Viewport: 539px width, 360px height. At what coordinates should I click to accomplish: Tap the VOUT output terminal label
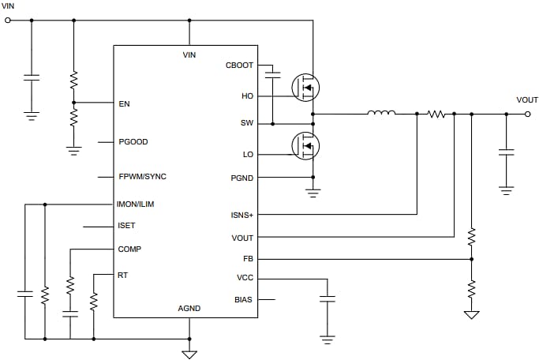(x=526, y=100)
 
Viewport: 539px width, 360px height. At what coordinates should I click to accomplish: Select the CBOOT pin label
(x=239, y=65)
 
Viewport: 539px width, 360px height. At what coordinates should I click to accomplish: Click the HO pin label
(x=247, y=96)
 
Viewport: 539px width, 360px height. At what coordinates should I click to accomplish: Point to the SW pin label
(x=246, y=124)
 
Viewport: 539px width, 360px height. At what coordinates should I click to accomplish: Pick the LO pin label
(x=247, y=155)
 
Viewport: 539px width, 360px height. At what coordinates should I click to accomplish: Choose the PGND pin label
(x=241, y=178)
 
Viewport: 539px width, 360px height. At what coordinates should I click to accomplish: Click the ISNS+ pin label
(x=241, y=214)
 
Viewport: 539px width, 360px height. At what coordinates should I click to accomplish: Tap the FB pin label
(x=248, y=258)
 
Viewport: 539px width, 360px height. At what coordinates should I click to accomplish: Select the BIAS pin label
(x=244, y=299)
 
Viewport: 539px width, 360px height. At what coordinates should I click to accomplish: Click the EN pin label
(x=124, y=103)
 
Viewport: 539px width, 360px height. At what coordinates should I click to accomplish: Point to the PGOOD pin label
(x=133, y=142)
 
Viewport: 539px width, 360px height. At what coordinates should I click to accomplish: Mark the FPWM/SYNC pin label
(x=142, y=176)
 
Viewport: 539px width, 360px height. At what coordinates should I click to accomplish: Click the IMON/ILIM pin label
(x=136, y=204)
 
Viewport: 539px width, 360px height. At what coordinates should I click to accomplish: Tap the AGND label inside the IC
(x=189, y=309)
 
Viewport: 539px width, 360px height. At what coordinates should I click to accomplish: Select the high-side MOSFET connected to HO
(x=305, y=87)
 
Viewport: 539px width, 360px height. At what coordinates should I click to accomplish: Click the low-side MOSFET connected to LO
(x=305, y=146)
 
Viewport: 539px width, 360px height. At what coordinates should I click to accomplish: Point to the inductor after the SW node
(x=381, y=114)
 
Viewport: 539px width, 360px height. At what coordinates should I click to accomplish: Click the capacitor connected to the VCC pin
(x=327, y=299)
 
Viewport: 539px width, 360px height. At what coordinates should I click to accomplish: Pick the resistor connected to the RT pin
(x=94, y=300)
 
